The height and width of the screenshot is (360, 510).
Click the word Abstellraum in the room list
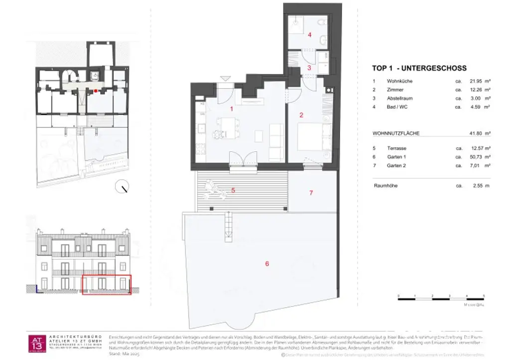[399, 98]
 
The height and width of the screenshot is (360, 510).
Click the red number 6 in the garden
[267, 263]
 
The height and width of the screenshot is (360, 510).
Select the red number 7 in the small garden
[311, 192]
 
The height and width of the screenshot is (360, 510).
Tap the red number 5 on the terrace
[233, 190]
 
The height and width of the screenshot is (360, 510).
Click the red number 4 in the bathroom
[309, 35]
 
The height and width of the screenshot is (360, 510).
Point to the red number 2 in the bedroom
[301, 115]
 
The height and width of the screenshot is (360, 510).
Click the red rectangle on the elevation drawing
[106, 284]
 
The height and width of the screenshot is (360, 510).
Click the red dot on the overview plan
[96, 91]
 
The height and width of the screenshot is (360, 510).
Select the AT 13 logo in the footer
[37, 342]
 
